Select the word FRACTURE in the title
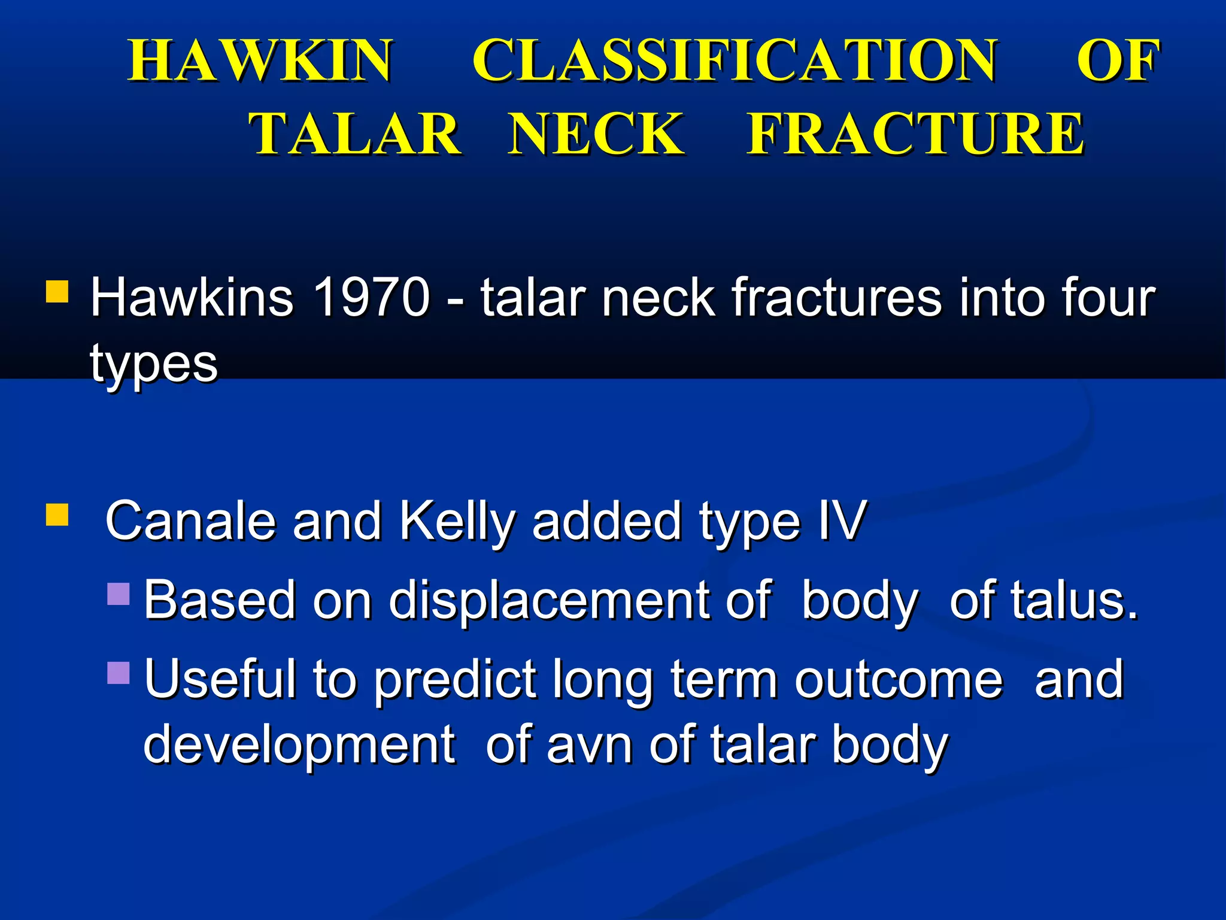point(915,134)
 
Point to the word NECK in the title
point(596,134)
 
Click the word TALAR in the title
point(354,134)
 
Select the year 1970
point(371,297)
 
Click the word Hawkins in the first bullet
point(192,297)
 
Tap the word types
point(153,364)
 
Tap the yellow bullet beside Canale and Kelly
point(57,515)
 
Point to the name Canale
point(190,520)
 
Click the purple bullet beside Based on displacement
point(119,594)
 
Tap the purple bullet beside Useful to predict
point(119,673)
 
